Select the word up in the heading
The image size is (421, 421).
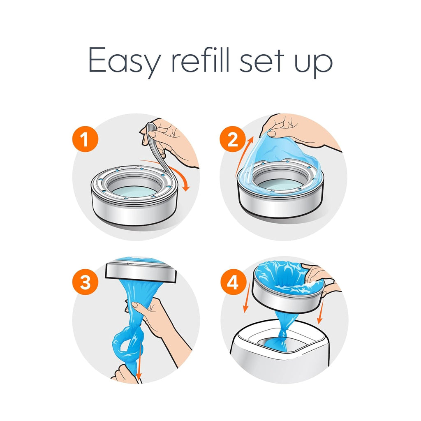pyautogui.click(x=317, y=62)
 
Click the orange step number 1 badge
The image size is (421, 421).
pyautogui.click(x=86, y=140)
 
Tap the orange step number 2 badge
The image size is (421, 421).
pyautogui.click(x=233, y=140)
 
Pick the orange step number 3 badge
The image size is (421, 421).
pyautogui.click(x=85, y=283)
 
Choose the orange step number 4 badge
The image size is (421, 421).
pyautogui.click(x=233, y=283)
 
